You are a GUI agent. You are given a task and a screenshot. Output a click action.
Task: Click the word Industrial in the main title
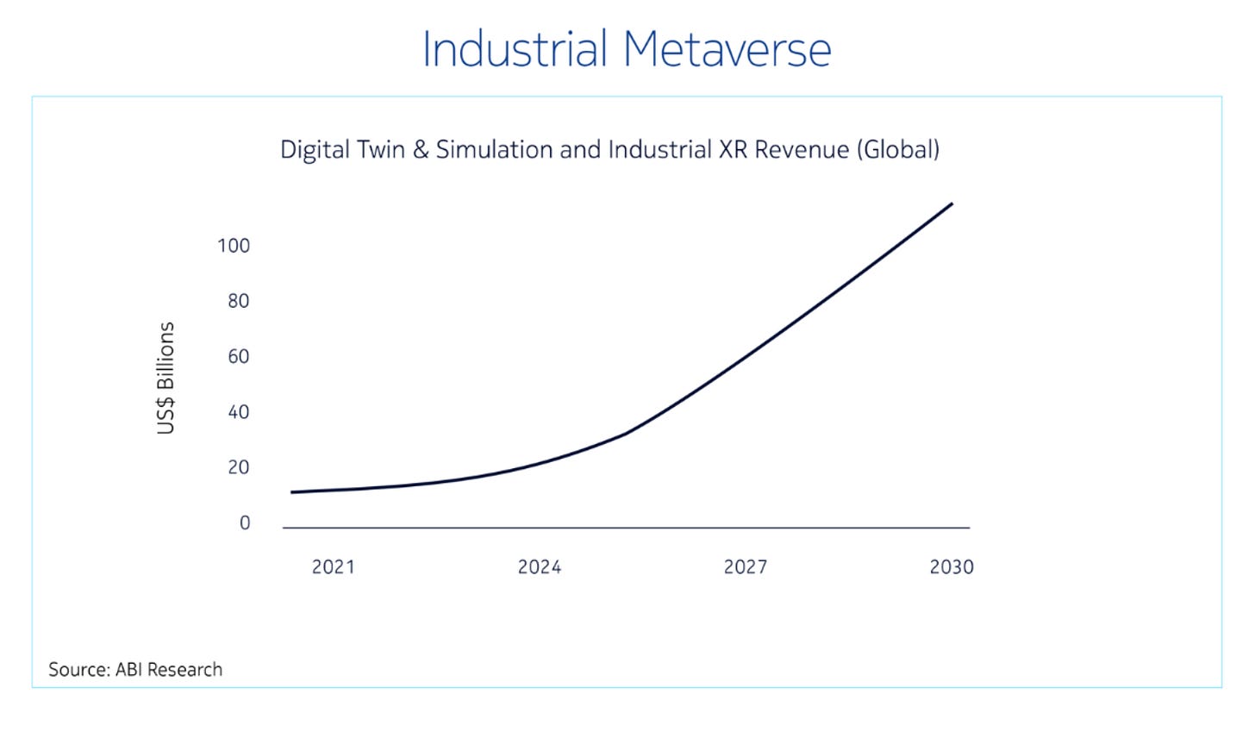[x=515, y=50]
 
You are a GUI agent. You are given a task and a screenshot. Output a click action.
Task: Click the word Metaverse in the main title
[x=727, y=50]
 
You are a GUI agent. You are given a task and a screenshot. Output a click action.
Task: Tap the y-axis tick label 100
[x=234, y=246]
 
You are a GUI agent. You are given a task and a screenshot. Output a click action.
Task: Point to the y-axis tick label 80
[x=238, y=301]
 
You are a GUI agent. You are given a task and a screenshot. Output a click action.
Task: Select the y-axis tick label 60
[x=238, y=356]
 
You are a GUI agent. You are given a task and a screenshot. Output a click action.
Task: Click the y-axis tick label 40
[x=238, y=412]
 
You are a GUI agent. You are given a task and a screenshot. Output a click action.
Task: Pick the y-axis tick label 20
[x=238, y=467]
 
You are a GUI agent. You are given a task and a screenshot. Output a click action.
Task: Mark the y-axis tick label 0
[x=245, y=522]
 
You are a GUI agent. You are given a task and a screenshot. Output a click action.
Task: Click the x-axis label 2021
[x=333, y=566]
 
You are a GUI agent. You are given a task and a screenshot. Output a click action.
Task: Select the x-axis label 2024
[x=539, y=566]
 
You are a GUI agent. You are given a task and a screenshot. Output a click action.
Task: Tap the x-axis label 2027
[x=745, y=566]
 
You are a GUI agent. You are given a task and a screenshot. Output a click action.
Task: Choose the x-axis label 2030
[x=951, y=566]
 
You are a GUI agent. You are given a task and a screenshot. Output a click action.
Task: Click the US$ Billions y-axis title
[x=165, y=378]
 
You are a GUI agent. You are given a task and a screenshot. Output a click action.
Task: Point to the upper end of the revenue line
[x=951, y=204]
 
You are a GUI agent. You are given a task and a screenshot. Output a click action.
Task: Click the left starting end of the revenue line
[x=293, y=492]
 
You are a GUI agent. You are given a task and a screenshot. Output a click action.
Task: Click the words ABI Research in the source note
[x=169, y=670]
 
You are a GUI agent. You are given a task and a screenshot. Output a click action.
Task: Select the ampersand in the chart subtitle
[x=421, y=150]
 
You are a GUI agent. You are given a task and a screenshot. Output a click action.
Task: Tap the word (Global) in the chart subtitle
[x=897, y=150]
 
